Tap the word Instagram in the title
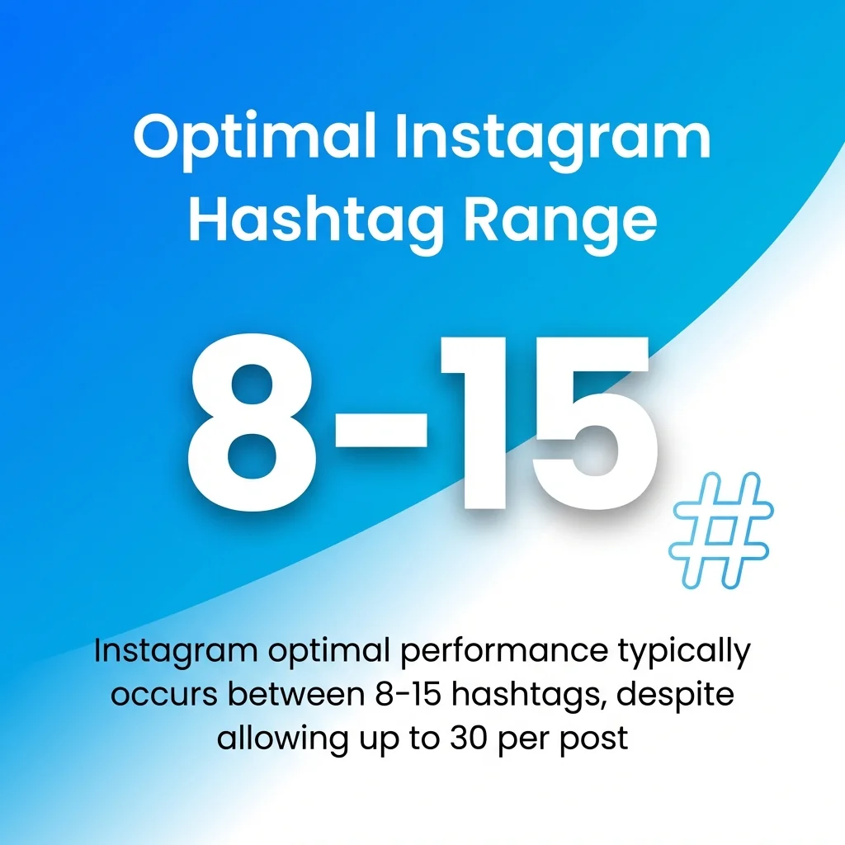click(x=552, y=139)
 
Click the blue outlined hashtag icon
click(x=720, y=531)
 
